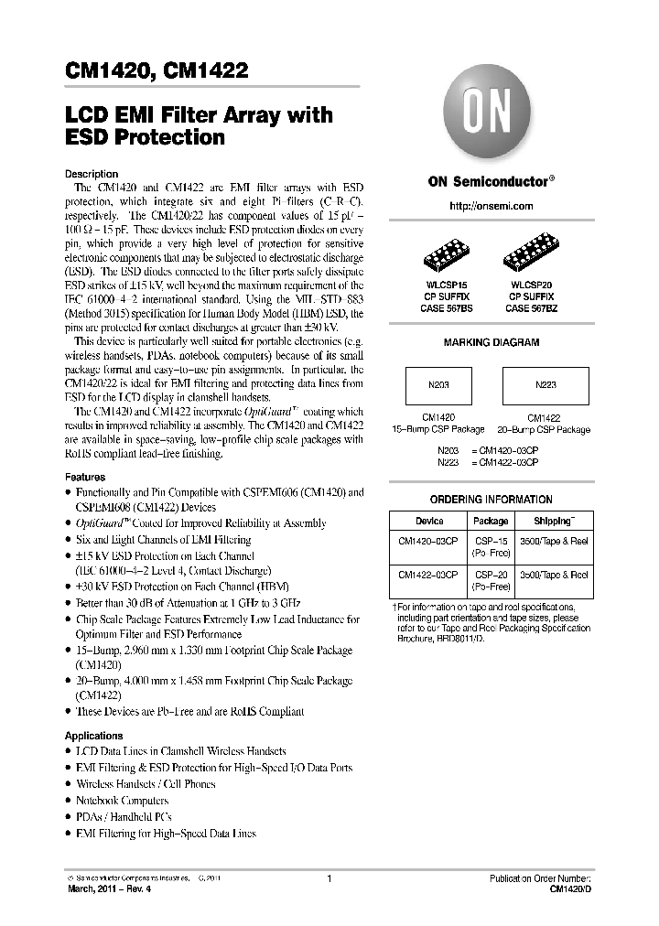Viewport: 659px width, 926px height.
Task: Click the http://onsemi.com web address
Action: tap(491, 207)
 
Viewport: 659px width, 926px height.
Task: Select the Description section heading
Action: tap(92, 174)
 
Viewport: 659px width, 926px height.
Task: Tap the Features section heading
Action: tap(85, 477)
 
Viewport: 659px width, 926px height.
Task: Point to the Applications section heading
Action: tap(93, 736)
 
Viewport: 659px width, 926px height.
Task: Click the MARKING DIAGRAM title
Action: tap(491, 342)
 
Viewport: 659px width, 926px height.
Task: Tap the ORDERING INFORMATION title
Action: tap(491, 500)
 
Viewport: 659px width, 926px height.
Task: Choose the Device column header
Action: tap(429, 521)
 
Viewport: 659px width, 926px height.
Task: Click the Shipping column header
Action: tap(554, 521)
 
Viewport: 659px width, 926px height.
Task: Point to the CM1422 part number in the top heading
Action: tap(208, 70)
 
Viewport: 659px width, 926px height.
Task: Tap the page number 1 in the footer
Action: tap(328, 879)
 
